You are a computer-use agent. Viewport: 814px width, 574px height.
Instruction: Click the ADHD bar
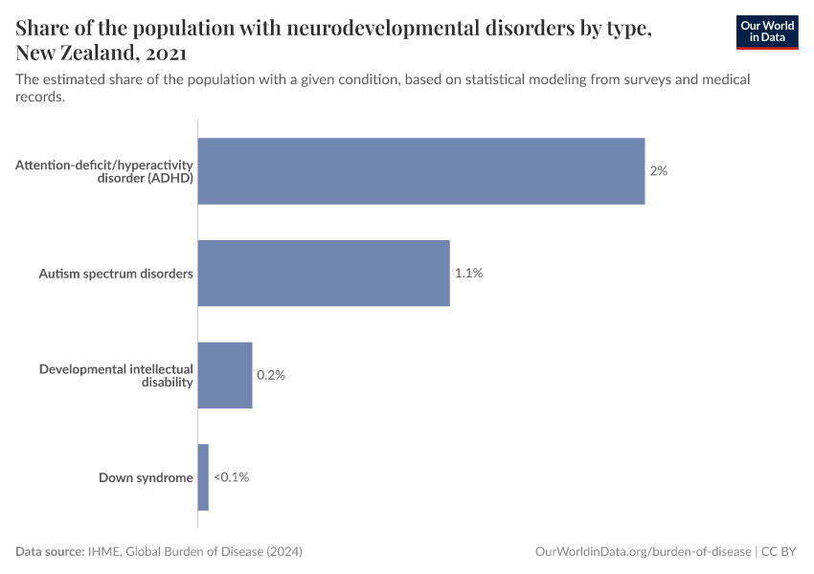(x=421, y=171)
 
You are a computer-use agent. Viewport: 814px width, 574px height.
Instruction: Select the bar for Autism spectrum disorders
(x=324, y=274)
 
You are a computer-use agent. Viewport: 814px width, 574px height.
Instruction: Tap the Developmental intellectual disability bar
(x=225, y=375)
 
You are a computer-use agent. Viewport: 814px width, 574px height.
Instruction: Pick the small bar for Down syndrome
(x=203, y=477)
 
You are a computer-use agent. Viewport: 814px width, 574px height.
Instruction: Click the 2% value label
(x=658, y=171)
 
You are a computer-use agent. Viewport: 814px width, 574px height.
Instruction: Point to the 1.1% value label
(x=468, y=274)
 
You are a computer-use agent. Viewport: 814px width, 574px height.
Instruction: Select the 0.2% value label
(x=271, y=375)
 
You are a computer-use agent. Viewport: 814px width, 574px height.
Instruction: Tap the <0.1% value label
(x=231, y=477)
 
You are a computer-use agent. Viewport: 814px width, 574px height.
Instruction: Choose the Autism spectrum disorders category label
(x=116, y=274)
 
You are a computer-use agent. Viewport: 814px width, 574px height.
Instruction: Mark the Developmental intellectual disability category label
(x=116, y=375)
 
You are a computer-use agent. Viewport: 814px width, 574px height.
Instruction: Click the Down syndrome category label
(x=146, y=477)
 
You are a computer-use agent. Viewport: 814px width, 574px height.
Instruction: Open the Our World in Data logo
(x=767, y=32)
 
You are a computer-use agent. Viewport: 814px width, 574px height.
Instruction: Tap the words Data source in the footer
(x=49, y=552)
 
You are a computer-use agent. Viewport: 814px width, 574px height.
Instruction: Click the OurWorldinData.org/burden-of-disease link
(x=643, y=552)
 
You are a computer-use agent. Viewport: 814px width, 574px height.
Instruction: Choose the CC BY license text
(x=780, y=552)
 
